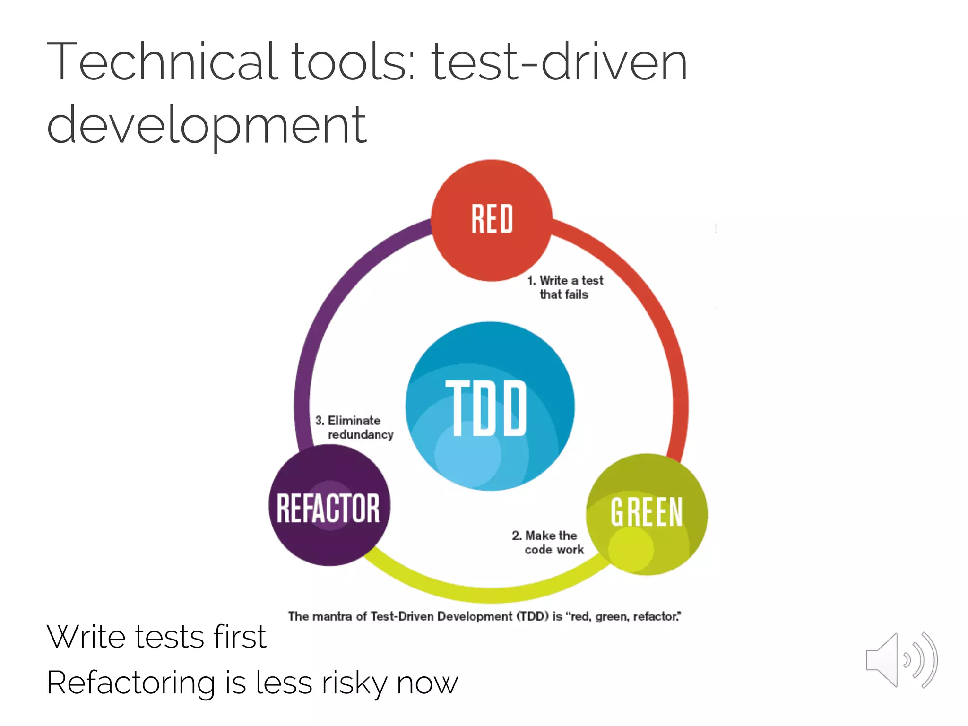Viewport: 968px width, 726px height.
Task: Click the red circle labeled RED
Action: point(492,220)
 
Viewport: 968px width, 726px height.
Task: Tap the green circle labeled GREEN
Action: point(647,514)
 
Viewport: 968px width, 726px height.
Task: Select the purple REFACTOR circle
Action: point(329,506)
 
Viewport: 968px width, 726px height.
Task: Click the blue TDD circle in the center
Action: point(490,406)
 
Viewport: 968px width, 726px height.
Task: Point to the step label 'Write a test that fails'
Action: point(566,287)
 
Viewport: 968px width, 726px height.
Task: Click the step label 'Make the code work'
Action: point(548,543)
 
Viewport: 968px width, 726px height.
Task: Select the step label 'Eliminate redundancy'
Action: point(354,428)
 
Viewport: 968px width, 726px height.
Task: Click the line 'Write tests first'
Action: point(156,637)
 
